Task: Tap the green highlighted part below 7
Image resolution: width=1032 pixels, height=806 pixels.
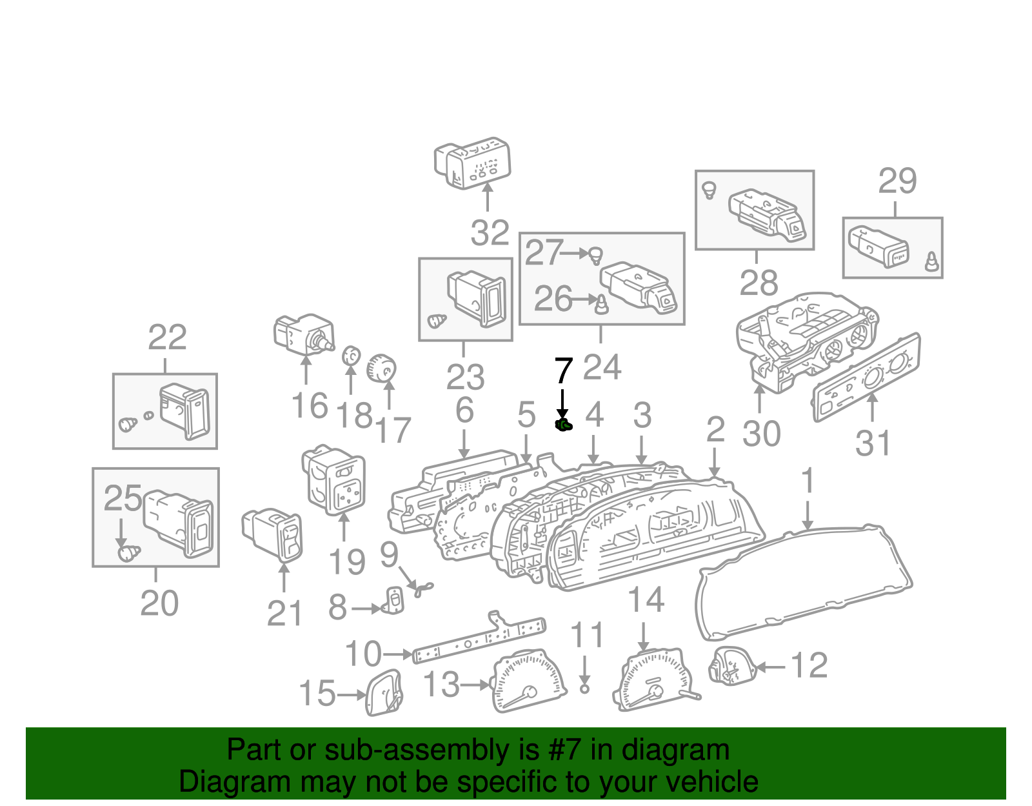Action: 563,425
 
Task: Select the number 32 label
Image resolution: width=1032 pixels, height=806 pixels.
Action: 490,233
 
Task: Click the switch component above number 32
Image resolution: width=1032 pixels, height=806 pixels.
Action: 473,162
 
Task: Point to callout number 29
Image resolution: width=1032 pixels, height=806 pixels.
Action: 897,181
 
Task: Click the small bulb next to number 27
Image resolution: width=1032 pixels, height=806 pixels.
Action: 597,256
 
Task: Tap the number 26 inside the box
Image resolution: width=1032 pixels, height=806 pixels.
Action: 553,299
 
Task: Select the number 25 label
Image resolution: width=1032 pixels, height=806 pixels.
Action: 123,498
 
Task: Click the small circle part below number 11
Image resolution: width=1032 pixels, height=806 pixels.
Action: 584,689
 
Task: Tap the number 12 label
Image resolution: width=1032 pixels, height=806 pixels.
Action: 809,665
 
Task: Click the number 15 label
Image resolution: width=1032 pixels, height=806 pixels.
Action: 317,694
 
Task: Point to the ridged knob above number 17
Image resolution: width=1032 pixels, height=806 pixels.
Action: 381,370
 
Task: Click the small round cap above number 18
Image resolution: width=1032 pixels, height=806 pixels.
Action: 350,356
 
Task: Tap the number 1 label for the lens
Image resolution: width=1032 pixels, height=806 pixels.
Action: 807,482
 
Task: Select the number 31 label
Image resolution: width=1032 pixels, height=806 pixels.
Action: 873,443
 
